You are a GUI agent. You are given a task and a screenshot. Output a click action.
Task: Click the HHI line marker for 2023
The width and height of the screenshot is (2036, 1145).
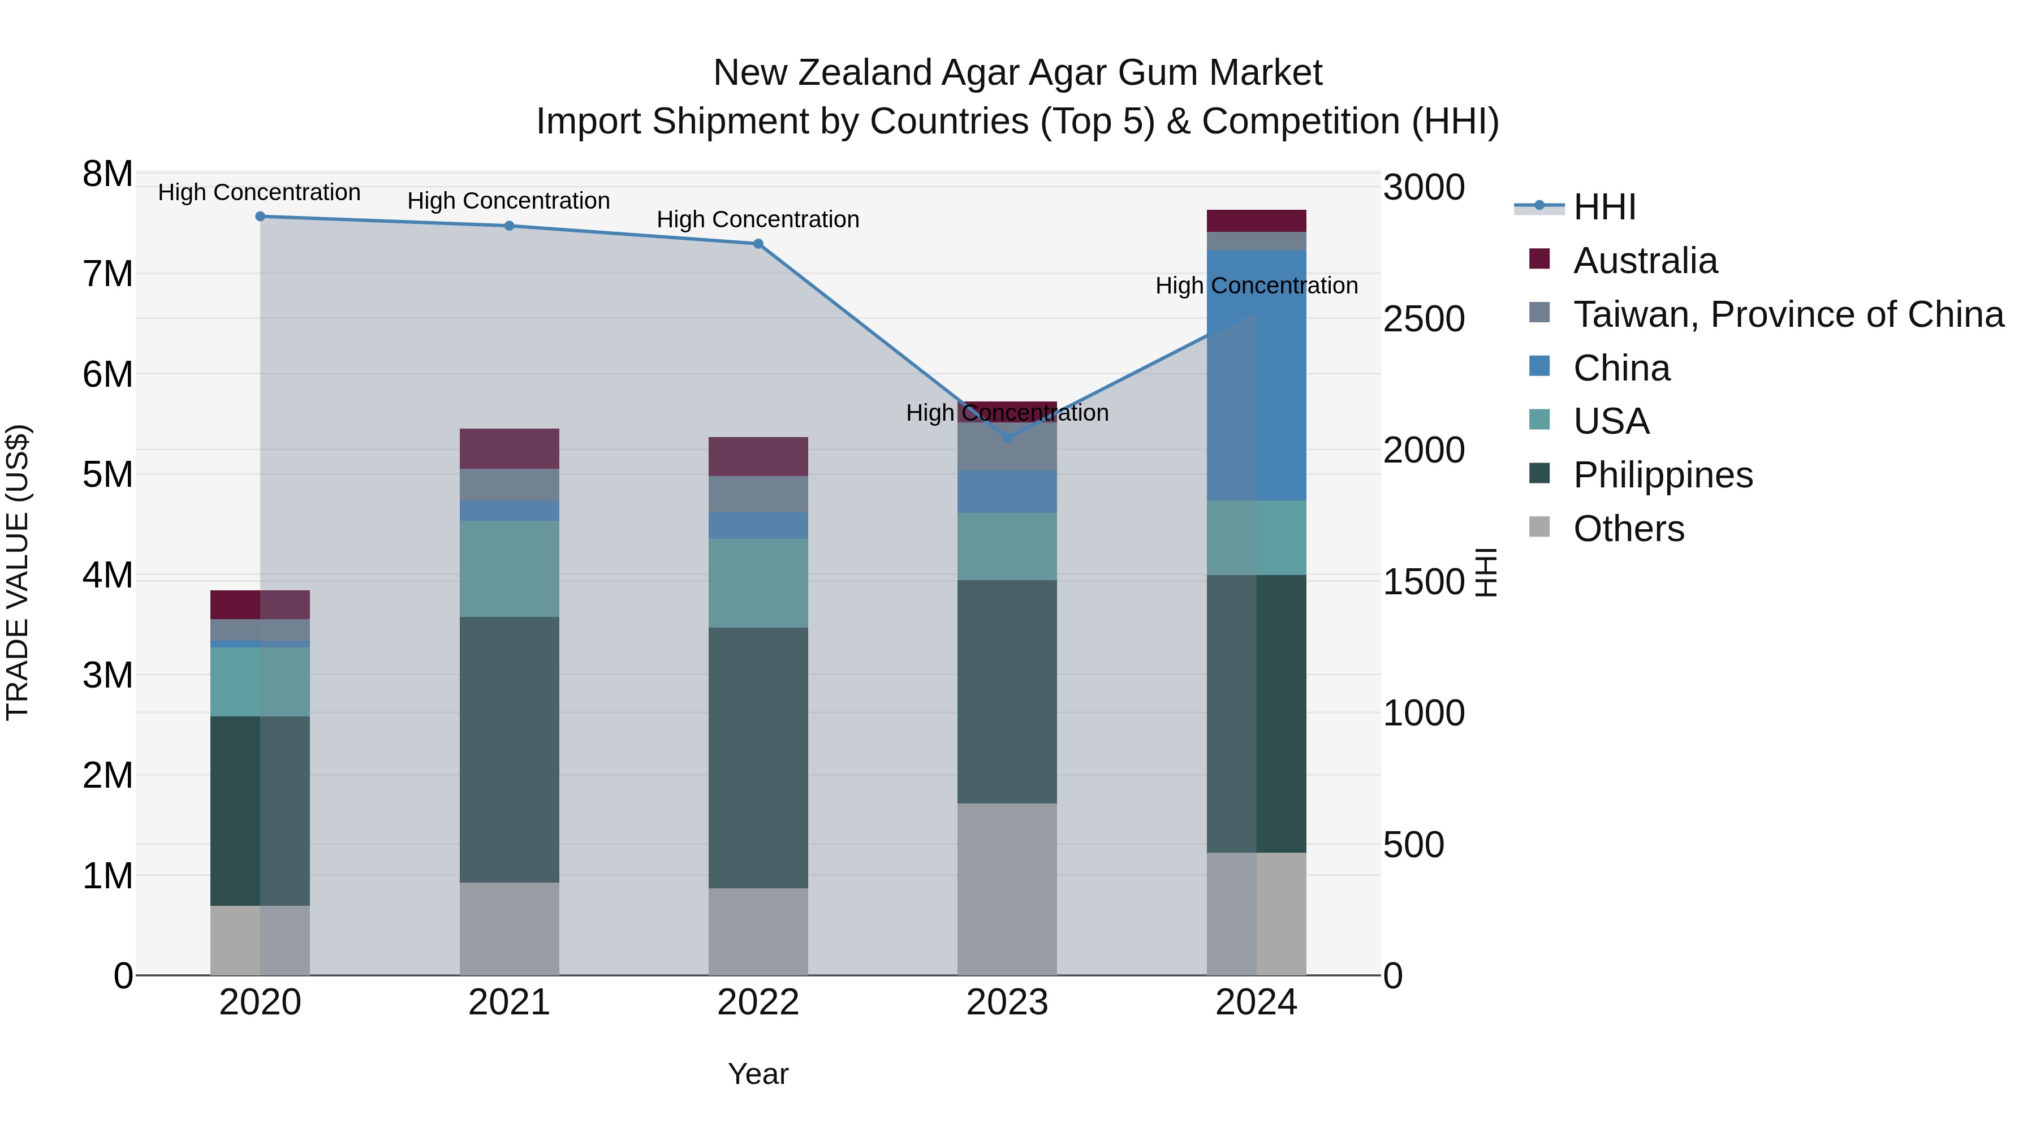point(1007,437)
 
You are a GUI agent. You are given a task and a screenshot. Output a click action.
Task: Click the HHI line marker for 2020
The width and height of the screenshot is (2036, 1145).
point(260,217)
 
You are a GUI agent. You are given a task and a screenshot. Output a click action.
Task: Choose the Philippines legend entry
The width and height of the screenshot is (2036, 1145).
point(1662,475)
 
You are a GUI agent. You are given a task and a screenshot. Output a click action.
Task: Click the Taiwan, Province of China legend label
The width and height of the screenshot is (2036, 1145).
point(1788,314)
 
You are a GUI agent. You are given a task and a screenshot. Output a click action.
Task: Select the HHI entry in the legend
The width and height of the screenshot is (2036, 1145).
point(1604,207)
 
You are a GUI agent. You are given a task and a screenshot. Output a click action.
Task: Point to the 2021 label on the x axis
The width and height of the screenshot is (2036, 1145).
point(509,1003)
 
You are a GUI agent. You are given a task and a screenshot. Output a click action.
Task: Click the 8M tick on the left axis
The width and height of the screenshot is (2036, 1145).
point(107,174)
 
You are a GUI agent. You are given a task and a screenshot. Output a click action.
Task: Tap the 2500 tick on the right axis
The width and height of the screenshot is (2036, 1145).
point(1424,319)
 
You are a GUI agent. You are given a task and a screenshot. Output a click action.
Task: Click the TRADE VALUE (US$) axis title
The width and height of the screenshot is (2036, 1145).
point(18,572)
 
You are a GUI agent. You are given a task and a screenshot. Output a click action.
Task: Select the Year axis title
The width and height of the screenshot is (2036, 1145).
point(757,1074)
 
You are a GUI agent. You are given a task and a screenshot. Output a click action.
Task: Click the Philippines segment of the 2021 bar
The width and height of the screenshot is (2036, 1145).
point(509,749)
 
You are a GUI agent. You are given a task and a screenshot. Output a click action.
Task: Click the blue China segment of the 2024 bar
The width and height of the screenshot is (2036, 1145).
point(1280,375)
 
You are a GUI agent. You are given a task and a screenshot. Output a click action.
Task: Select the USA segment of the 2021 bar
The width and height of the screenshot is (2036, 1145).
point(509,568)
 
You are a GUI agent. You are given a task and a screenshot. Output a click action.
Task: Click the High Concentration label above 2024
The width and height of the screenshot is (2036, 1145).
point(1256,286)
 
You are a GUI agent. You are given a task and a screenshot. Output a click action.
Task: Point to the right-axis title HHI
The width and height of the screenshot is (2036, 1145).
point(1486,572)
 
